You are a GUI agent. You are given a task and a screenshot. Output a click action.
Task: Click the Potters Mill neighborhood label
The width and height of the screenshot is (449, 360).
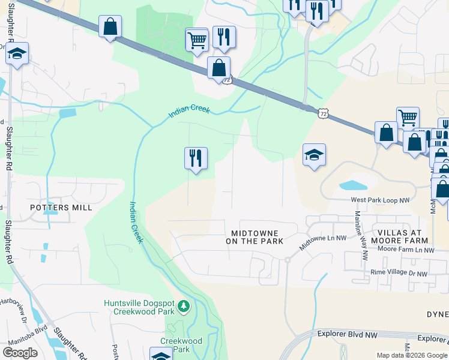[62, 207]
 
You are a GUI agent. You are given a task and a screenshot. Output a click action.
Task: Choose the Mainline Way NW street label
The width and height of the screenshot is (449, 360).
[361, 235]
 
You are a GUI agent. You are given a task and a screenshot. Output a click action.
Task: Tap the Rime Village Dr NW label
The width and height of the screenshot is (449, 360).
[399, 274]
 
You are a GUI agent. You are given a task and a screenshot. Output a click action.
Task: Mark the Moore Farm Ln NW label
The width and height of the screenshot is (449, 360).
[406, 249]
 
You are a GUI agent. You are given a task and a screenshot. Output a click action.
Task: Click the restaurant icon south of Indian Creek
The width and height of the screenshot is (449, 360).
[196, 158]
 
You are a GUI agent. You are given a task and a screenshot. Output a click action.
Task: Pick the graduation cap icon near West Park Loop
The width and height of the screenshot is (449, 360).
[314, 155]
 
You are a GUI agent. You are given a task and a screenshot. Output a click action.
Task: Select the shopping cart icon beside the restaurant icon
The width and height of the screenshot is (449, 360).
[197, 40]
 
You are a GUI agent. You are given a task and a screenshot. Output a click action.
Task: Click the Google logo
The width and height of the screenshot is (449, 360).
[20, 353]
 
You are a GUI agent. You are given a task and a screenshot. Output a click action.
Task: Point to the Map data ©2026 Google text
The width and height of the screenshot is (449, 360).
[412, 355]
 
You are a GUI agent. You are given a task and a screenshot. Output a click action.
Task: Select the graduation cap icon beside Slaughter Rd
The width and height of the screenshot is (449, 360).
[17, 54]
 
